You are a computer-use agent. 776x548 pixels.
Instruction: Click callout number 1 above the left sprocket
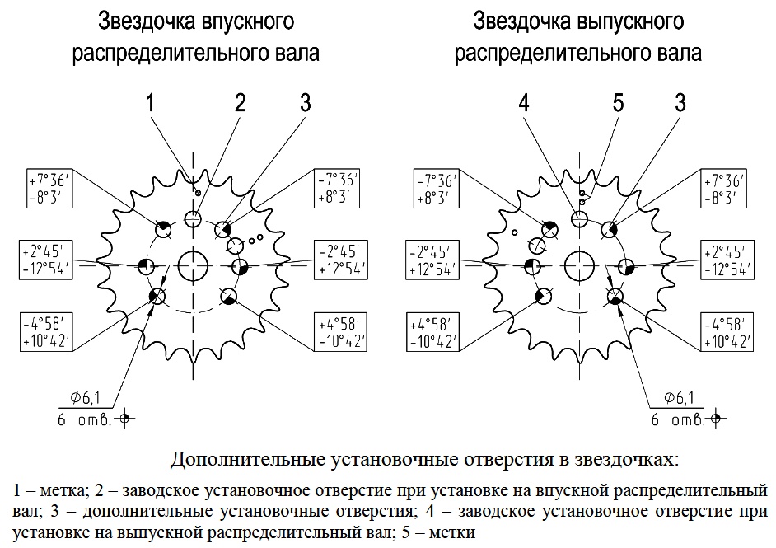[150, 102]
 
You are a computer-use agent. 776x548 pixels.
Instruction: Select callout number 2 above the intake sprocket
[240, 102]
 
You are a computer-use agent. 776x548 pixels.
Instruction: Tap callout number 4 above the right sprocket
[524, 102]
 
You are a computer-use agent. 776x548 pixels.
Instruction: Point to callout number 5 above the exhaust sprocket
[618, 102]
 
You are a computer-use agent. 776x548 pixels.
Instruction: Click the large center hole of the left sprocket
[193, 265]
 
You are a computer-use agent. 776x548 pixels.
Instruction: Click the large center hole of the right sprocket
[579, 265]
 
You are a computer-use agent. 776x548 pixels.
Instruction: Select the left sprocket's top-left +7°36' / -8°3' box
[49, 188]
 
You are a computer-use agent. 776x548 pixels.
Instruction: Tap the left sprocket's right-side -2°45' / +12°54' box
[340, 260]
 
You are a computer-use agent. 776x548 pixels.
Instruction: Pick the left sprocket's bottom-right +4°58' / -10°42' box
[340, 331]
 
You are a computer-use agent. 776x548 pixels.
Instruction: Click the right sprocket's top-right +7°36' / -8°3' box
[723, 188]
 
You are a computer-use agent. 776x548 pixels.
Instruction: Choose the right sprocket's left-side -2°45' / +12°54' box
[432, 260]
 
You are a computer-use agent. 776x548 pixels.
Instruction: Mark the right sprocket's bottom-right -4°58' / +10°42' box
[727, 331]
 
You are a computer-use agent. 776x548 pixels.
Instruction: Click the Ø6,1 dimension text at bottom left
[85, 397]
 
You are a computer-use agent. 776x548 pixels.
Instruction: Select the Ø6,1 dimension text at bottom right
[679, 397]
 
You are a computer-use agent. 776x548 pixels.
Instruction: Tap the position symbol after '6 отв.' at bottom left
[124, 419]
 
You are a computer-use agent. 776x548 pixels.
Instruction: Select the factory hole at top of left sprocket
[193, 218]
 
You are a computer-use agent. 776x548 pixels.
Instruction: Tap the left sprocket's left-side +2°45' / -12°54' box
[46, 260]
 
